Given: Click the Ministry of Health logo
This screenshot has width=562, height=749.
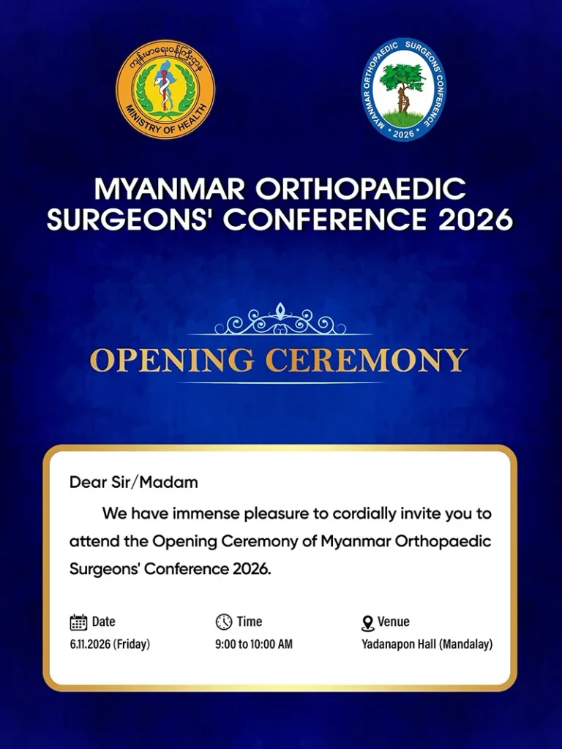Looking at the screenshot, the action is [x=165, y=89].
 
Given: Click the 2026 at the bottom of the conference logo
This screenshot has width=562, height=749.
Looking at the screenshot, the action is [x=403, y=134].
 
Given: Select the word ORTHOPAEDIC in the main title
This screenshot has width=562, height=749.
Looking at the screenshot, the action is [x=360, y=189].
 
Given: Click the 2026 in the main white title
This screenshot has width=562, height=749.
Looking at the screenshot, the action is [x=475, y=219].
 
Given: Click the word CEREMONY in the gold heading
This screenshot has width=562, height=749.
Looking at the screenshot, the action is [x=367, y=360].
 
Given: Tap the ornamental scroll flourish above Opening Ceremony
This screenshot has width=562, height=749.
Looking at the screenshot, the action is [x=280, y=319].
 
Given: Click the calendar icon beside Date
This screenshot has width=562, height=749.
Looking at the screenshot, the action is [x=78, y=622].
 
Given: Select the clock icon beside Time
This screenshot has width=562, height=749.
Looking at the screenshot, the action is [x=224, y=622].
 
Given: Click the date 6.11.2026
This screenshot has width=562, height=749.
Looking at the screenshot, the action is [x=90, y=644].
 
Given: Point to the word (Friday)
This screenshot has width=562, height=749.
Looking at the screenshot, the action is [x=132, y=644].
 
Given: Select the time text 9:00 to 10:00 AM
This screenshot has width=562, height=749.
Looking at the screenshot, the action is [x=254, y=644].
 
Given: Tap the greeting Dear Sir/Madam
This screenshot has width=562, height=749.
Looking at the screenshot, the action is [x=134, y=482].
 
